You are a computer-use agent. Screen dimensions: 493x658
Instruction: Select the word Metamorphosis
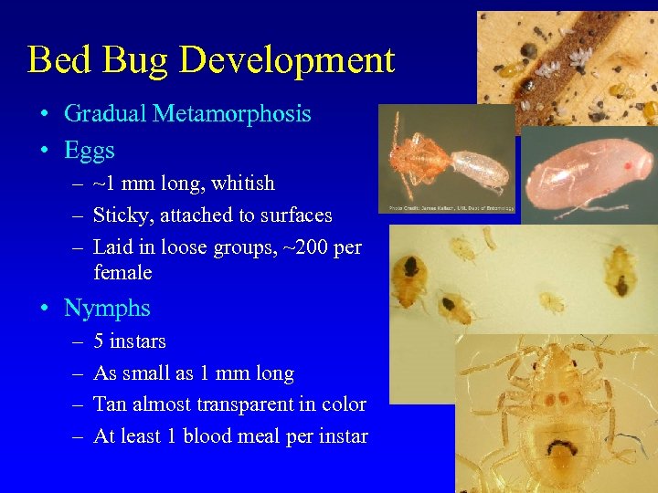tap(232, 114)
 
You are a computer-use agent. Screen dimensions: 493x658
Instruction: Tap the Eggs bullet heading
tap(90, 149)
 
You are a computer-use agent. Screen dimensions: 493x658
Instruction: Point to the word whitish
tap(243, 184)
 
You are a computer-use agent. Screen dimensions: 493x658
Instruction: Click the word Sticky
tap(121, 216)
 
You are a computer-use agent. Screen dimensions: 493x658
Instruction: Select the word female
tap(122, 272)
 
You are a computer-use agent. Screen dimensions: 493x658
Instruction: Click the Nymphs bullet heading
tap(107, 309)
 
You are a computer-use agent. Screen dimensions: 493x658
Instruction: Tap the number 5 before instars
tap(99, 341)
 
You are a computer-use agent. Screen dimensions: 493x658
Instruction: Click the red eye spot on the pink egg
tap(627, 166)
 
